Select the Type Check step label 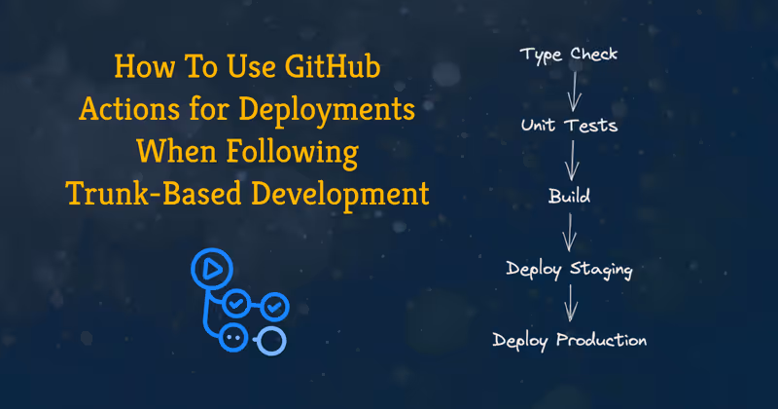[569, 53]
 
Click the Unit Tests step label [569, 126]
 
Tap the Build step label [569, 197]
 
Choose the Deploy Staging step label [569, 268]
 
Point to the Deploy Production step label [569, 340]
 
